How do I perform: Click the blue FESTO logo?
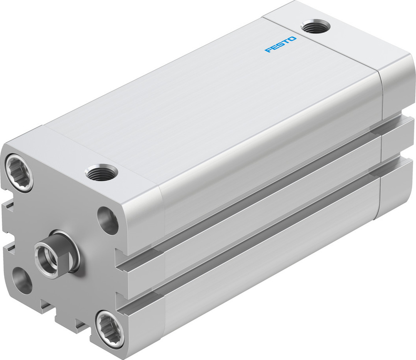281,45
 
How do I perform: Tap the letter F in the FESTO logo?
267,51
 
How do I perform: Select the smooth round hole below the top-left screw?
22,281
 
